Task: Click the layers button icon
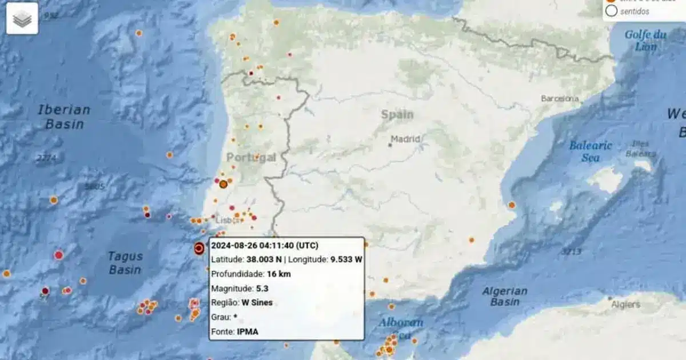[x=22, y=19]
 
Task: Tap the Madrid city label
[x=406, y=139]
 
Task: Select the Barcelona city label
[x=560, y=98]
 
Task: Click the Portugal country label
[x=251, y=158]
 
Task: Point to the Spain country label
[x=397, y=114]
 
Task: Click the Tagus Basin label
[x=125, y=262]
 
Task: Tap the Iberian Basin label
[x=64, y=117]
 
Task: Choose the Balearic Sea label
[x=591, y=151]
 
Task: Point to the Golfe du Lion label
[x=645, y=40]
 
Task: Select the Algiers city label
[x=625, y=304]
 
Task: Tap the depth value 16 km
[x=279, y=274]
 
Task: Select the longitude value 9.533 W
[x=346, y=260]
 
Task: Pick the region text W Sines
[x=258, y=303]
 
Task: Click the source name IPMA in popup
[x=247, y=331]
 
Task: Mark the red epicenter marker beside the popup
[x=199, y=248]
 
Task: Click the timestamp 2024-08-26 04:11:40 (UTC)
[x=265, y=246]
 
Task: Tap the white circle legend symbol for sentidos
[x=611, y=11]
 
